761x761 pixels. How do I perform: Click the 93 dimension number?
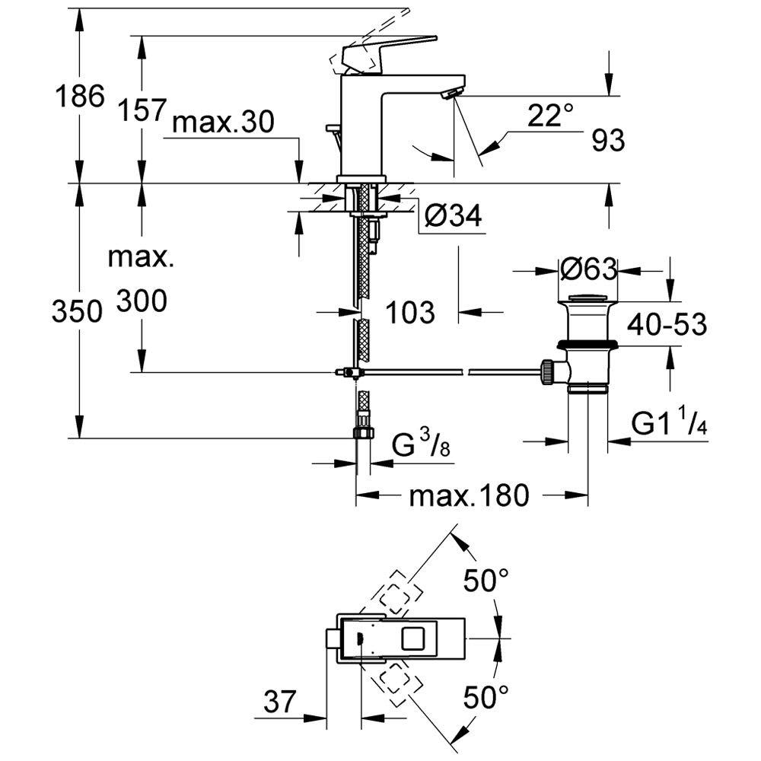[607, 140]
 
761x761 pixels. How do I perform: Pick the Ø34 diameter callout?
[453, 218]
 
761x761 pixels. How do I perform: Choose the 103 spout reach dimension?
[409, 311]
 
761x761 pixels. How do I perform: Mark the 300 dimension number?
[142, 302]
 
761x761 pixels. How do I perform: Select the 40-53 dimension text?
[668, 325]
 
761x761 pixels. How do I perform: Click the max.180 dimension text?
[468, 496]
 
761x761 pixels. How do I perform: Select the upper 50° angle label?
[486, 582]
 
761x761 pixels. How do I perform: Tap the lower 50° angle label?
[486, 696]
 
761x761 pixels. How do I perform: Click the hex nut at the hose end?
[363, 433]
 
